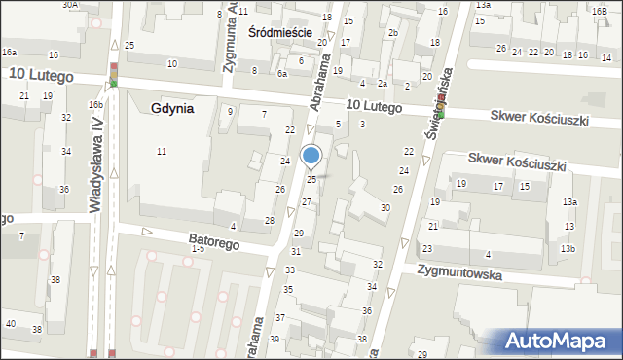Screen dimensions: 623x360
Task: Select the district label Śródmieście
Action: pyautogui.click(x=279, y=32)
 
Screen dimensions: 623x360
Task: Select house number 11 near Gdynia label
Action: pyautogui.click(x=161, y=151)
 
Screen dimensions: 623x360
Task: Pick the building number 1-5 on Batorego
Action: pyautogui.click(x=198, y=249)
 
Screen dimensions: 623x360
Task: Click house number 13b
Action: pyautogui.click(x=568, y=249)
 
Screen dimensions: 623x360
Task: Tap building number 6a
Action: pyautogui.click(x=282, y=73)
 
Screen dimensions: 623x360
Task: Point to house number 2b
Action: pyautogui.click(x=392, y=34)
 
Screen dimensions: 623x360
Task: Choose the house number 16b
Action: pyautogui.click(x=95, y=104)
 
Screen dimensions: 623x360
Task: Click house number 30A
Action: pyautogui.click(x=70, y=5)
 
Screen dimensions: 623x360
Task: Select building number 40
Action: pyautogui.click(x=10, y=323)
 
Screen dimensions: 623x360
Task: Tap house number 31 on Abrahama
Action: pyautogui.click(x=295, y=252)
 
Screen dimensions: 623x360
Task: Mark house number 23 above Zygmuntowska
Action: pyautogui.click(x=427, y=250)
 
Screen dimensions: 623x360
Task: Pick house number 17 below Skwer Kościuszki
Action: pyautogui.click(x=497, y=186)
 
